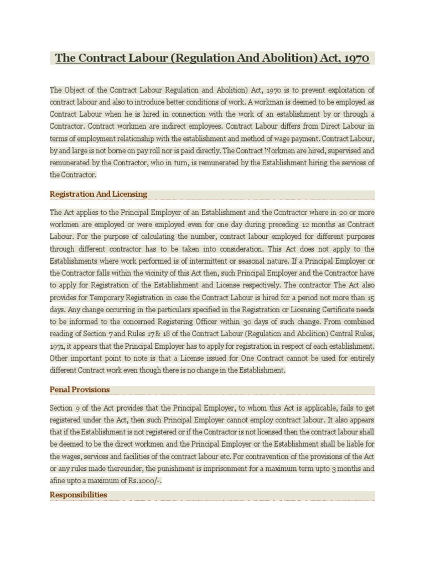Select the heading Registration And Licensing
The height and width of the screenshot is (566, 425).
pos(99,194)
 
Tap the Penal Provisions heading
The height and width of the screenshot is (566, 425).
pos(80,390)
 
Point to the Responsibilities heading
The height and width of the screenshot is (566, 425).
pos(79,495)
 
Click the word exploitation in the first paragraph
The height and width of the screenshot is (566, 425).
pos(343,90)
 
